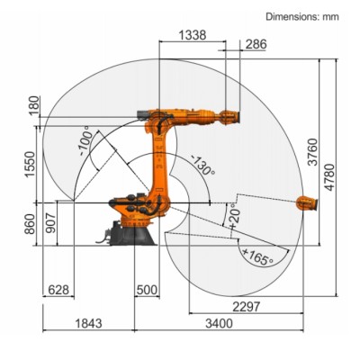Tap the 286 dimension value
point(256,43)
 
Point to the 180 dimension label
point(34,106)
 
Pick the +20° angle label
point(232,216)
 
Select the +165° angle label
point(256,259)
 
